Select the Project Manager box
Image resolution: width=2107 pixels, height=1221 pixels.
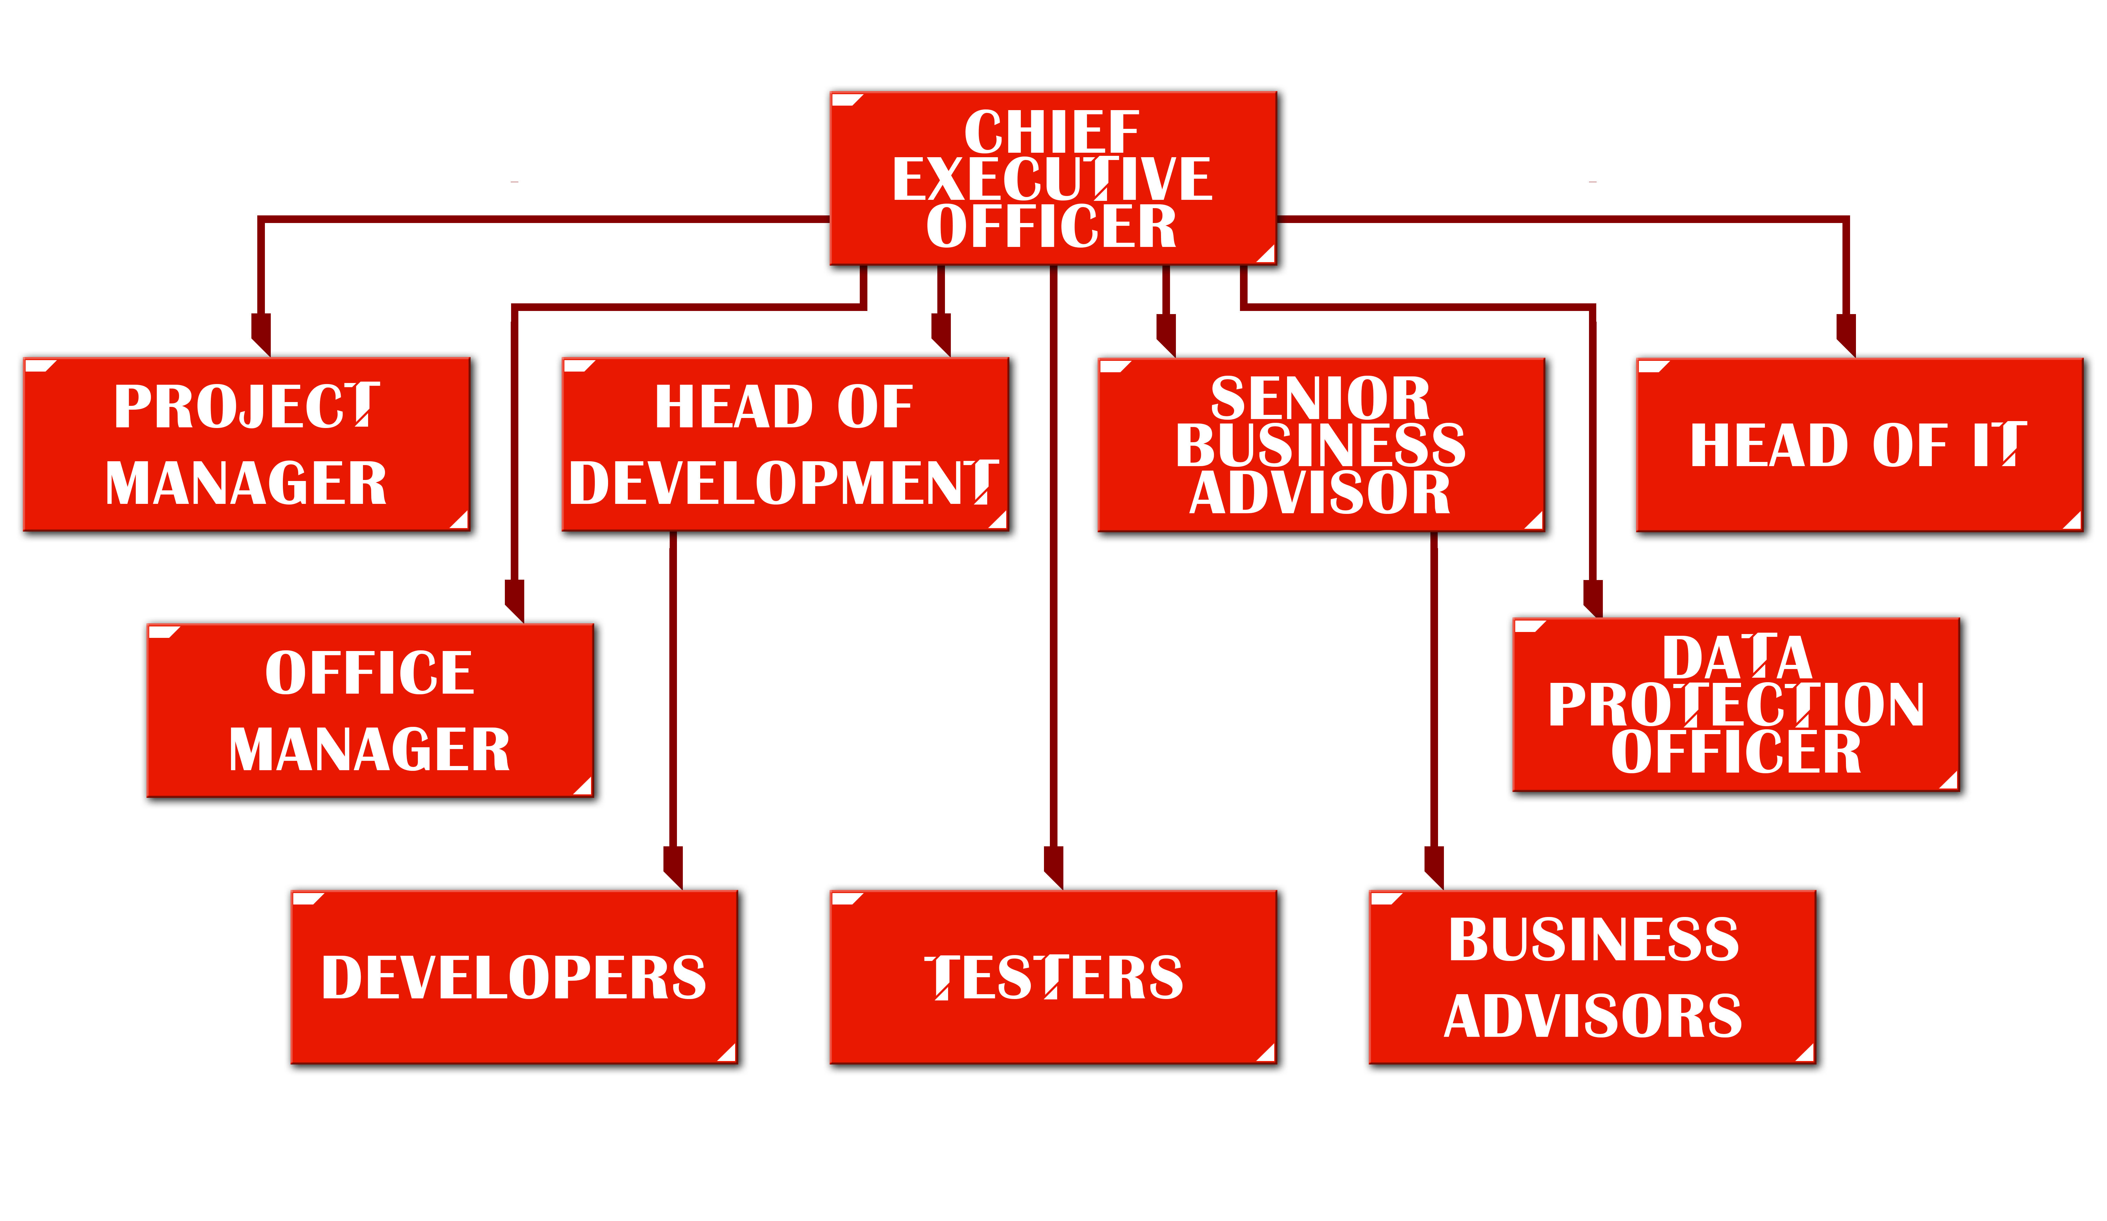coord(247,444)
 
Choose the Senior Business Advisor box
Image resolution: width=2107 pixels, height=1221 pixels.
coord(1321,444)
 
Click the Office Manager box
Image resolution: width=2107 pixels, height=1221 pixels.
coord(370,710)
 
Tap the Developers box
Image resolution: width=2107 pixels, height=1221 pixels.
coord(514,977)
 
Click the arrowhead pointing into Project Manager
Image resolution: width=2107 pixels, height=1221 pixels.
coord(261,335)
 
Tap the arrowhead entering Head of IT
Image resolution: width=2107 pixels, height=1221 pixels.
coord(1846,335)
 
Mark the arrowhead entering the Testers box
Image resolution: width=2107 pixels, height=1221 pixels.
coord(1053,866)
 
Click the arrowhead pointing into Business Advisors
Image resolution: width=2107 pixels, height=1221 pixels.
coord(1434,866)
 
